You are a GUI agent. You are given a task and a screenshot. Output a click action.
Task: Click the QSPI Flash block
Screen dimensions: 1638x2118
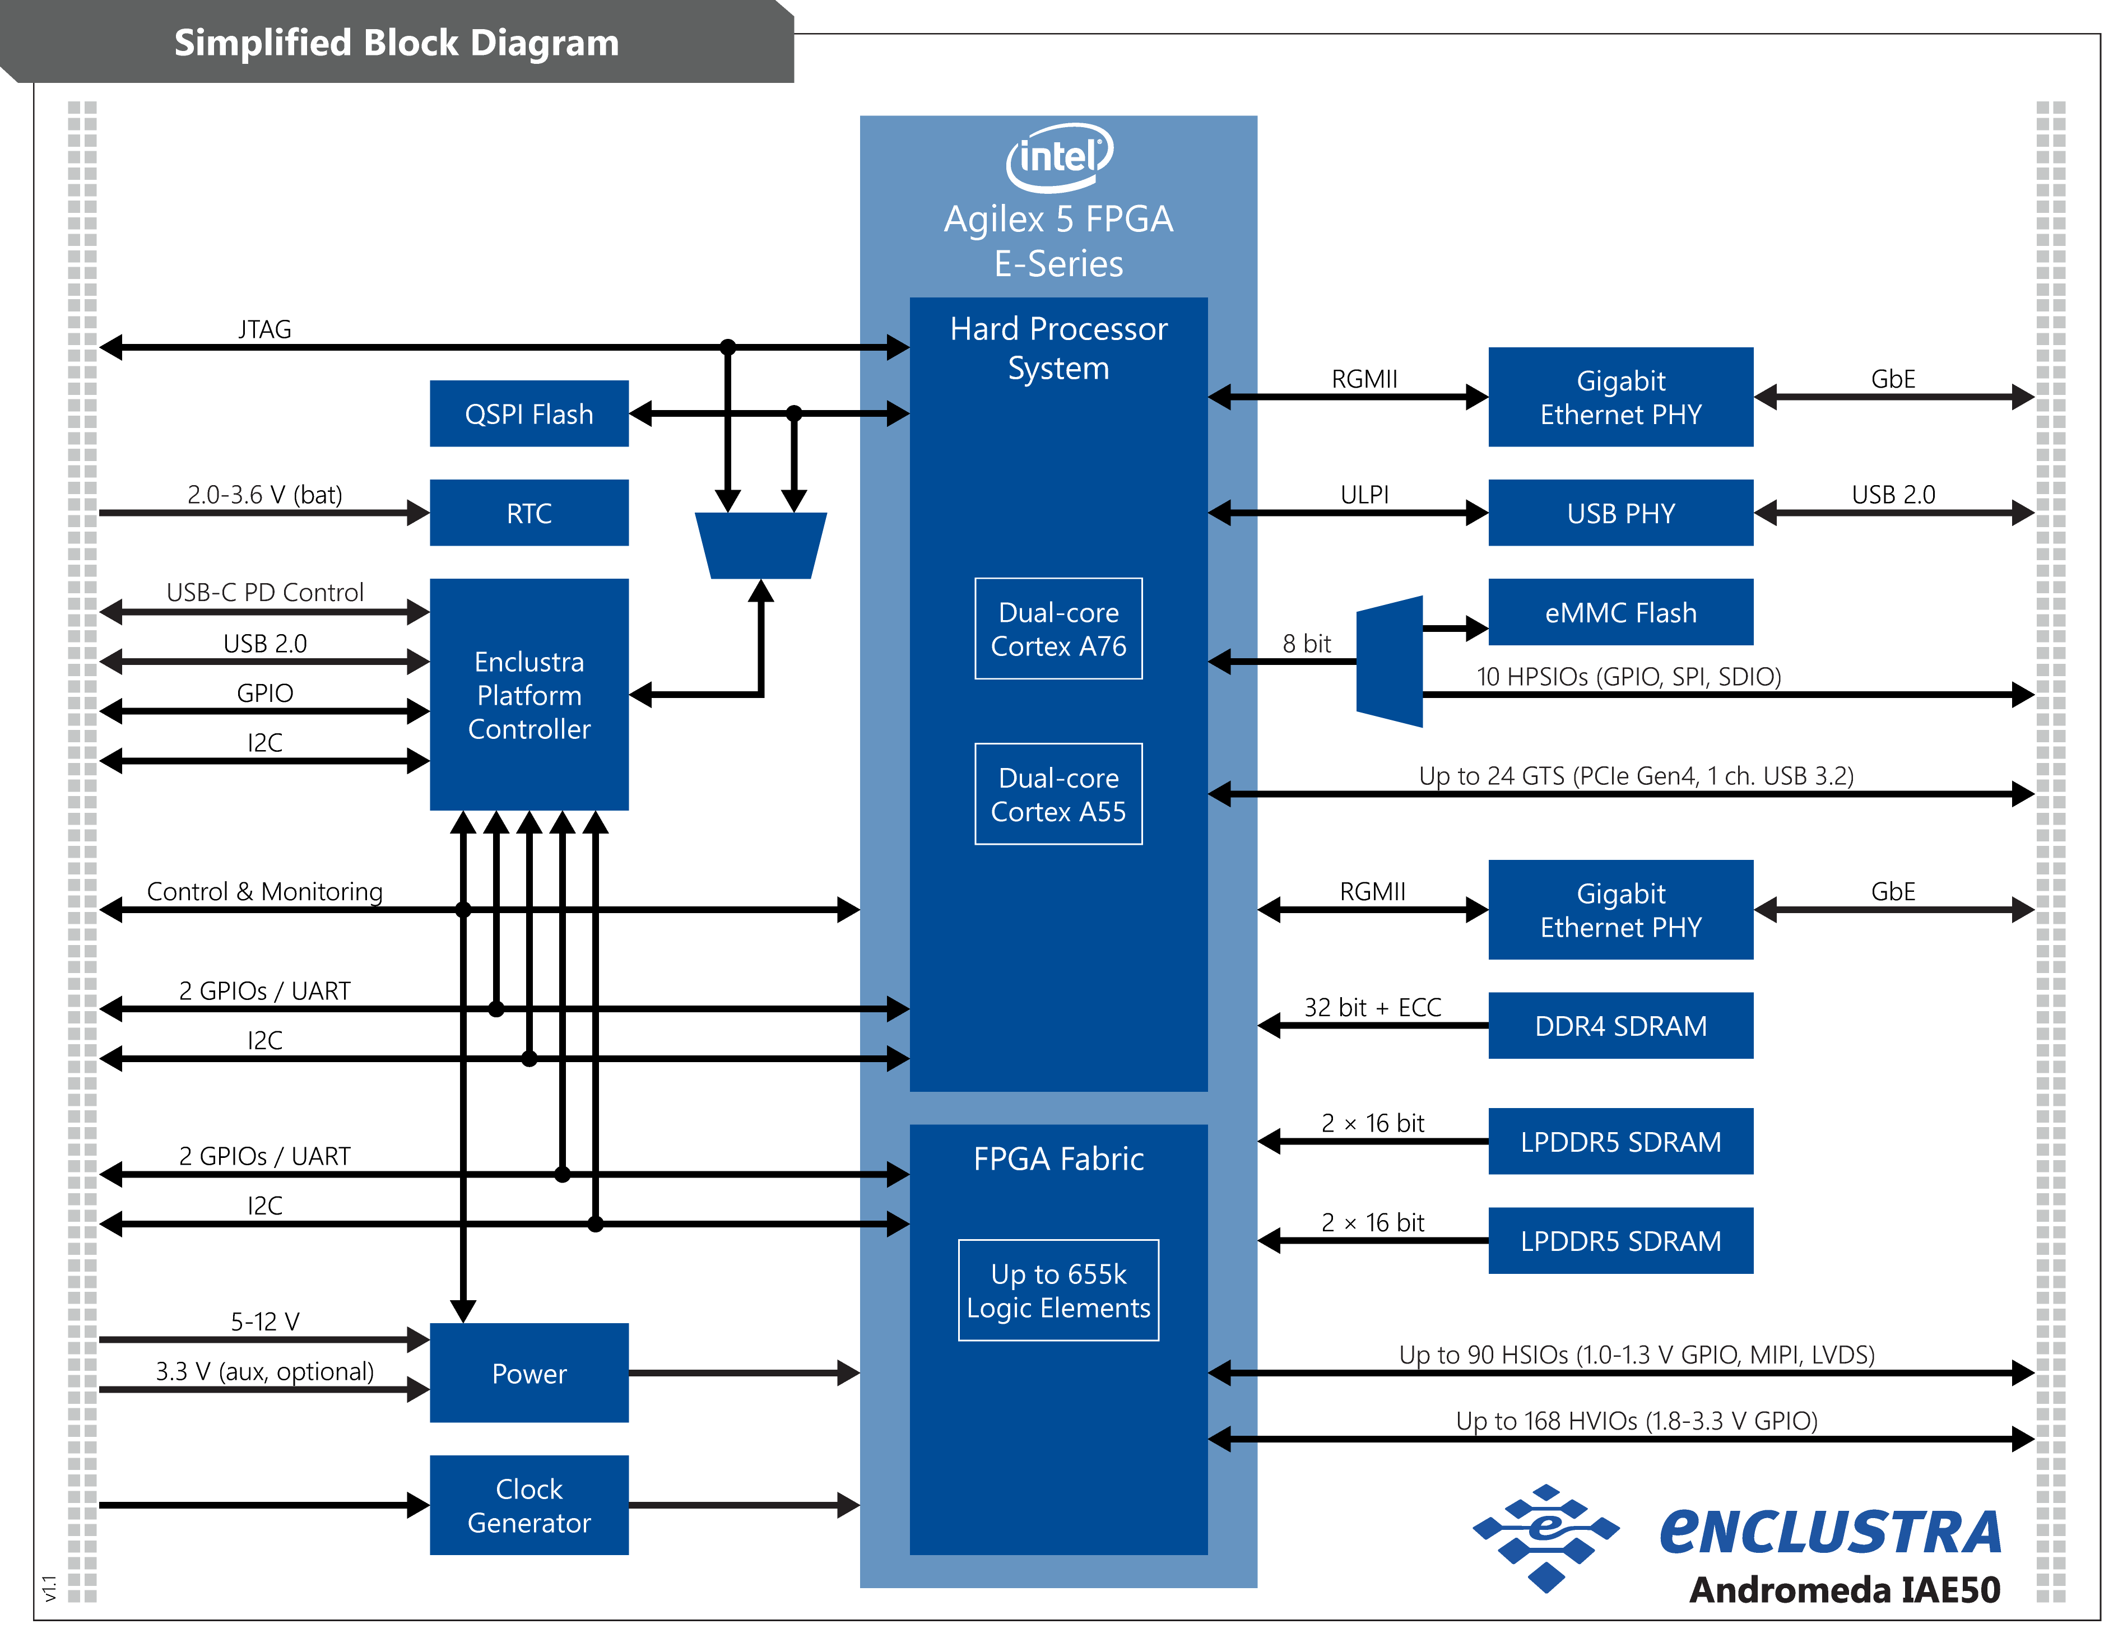pyautogui.click(x=528, y=414)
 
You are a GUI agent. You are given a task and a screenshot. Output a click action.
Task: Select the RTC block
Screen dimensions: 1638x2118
pyautogui.click(x=528, y=513)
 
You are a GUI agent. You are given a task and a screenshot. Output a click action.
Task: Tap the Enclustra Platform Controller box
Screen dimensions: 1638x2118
pyautogui.click(x=528, y=695)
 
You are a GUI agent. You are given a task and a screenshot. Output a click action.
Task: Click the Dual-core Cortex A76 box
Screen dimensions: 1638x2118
pyautogui.click(x=1058, y=629)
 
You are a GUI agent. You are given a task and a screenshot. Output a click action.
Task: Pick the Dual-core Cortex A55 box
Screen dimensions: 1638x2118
pyautogui.click(x=1058, y=794)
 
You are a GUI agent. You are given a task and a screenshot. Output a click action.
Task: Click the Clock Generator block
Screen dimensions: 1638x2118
pyautogui.click(x=528, y=1505)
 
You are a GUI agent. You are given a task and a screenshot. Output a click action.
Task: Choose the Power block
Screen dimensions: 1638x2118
pyautogui.click(x=528, y=1373)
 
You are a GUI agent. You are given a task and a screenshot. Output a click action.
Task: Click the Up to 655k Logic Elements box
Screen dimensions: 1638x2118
pyautogui.click(x=1058, y=1290)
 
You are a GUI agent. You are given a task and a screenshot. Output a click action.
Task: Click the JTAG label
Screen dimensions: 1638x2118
pyautogui.click(x=264, y=329)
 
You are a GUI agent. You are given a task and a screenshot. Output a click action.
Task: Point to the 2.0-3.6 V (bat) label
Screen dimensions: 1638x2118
pyautogui.click(x=264, y=495)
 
